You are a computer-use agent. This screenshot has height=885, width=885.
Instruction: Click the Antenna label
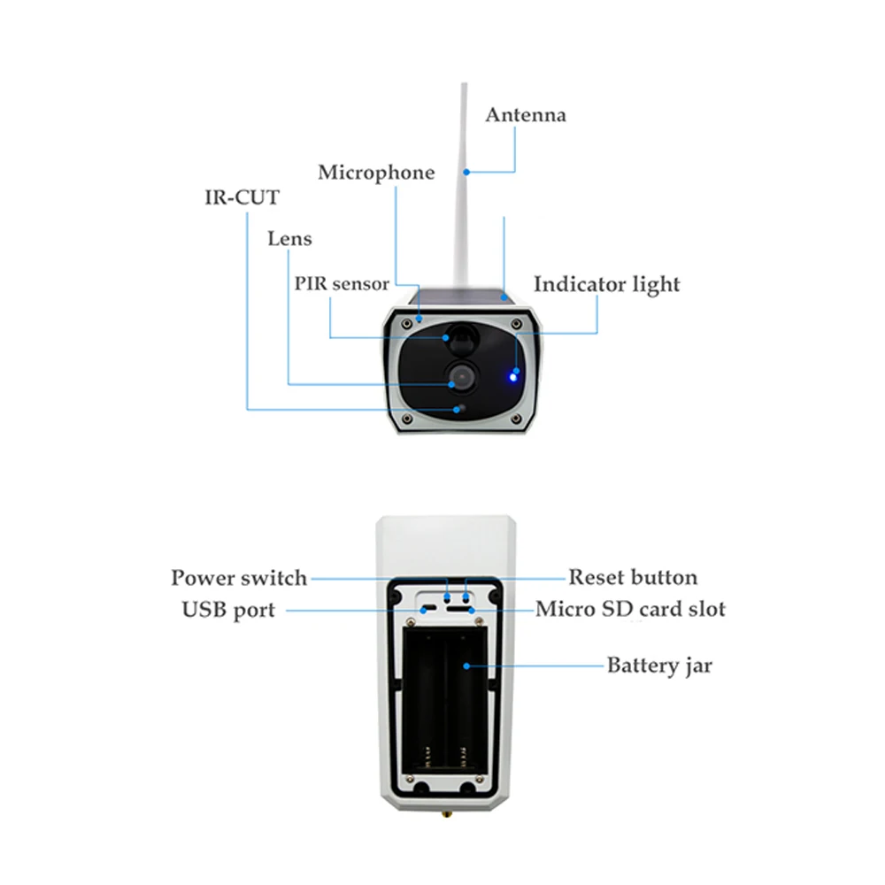point(526,115)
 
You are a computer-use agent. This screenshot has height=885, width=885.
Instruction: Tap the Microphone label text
point(376,173)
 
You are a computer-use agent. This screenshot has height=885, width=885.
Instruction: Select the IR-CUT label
point(236,197)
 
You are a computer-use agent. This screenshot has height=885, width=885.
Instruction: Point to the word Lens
point(289,239)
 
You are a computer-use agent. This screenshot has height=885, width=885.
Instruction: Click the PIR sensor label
point(342,284)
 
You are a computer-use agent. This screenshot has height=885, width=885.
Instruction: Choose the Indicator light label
point(606,285)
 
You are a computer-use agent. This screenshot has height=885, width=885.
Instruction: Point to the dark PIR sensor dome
point(460,337)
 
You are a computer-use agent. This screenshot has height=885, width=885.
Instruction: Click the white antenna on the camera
point(463,195)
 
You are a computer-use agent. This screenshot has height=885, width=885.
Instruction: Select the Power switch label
point(239,579)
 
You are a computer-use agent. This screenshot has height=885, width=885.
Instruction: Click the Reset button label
point(632,579)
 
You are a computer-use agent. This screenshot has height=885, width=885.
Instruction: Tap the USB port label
point(228,610)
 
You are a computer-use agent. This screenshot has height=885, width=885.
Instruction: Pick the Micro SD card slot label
point(630,610)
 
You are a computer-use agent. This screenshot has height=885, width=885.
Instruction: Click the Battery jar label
point(658,666)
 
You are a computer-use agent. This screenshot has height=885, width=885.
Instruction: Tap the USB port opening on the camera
point(426,609)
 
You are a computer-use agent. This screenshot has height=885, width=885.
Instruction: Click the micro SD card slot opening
point(458,609)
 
